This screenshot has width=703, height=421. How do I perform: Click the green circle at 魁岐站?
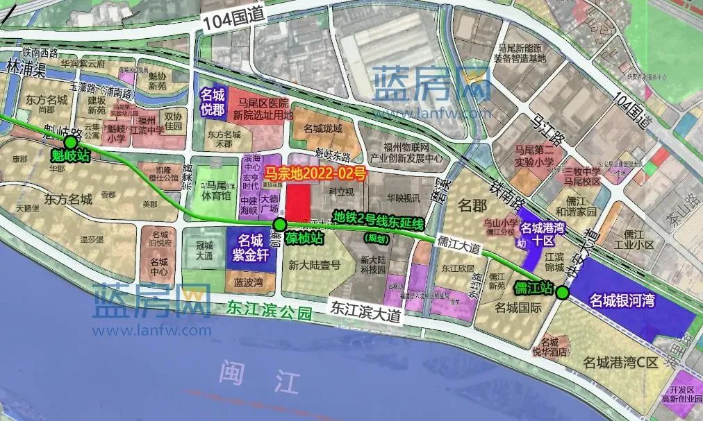click(x=70, y=143)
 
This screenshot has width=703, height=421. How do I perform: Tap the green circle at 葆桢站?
click(x=279, y=224)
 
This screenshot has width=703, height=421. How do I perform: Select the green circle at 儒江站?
click(x=563, y=293)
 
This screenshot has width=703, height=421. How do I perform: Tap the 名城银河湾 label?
click(x=624, y=300)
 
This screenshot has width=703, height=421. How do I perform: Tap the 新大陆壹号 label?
click(x=315, y=264)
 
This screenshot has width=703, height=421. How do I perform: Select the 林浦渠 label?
click(x=22, y=69)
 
